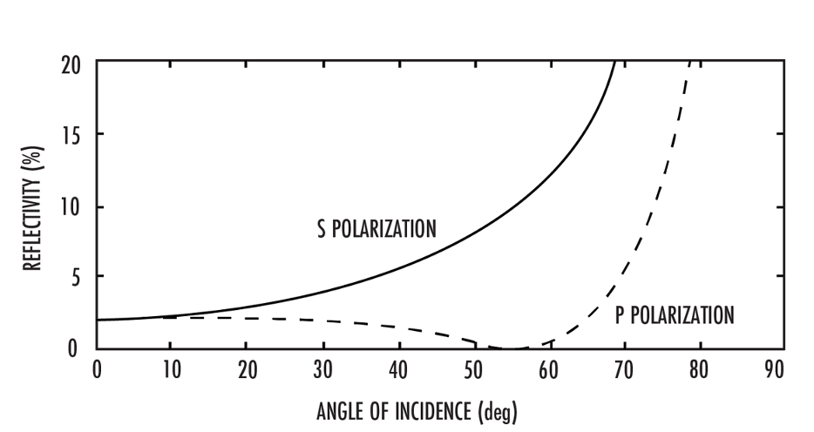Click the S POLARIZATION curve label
pyautogui.click(x=376, y=230)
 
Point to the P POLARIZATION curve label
pyautogui.click(x=675, y=315)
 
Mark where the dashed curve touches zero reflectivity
pyautogui.click(x=513, y=348)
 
